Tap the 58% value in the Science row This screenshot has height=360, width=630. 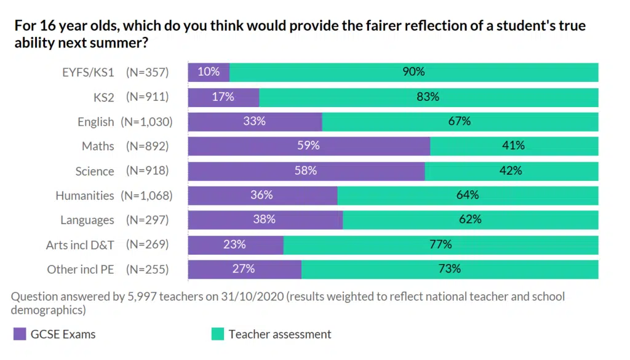click(305, 170)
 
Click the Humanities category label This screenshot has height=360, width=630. click(84, 196)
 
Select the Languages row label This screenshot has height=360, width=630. click(87, 220)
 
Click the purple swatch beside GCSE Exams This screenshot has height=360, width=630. click(19, 335)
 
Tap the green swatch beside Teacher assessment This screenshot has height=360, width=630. click(218, 335)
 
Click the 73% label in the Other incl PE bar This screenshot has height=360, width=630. click(449, 269)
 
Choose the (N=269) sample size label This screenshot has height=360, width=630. click(147, 245)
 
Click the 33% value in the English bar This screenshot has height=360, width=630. click(254, 121)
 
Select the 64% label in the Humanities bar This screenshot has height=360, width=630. click(468, 195)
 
